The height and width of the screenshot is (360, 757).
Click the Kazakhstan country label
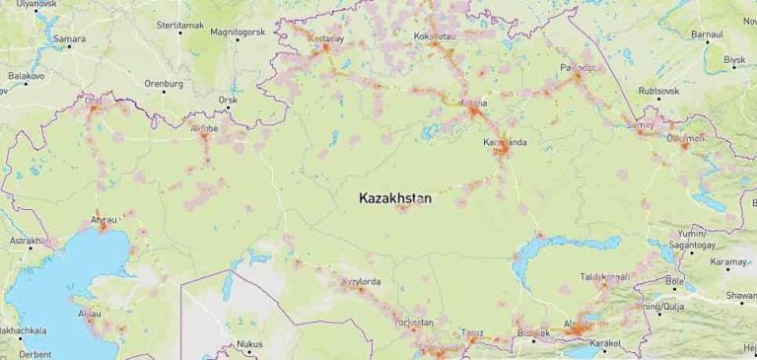[x=395, y=198]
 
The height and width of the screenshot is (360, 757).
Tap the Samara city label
[x=70, y=39]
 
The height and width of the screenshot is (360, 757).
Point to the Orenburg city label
[x=164, y=84]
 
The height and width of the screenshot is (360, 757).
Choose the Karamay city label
[x=729, y=261]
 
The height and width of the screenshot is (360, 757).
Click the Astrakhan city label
[x=29, y=240]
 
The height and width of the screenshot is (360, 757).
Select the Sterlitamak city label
[x=179, y=22]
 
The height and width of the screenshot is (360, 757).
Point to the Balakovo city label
[x=27, y=75]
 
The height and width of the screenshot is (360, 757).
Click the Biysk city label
[x=735, y=60]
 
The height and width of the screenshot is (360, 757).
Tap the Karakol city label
[x=606, y=344]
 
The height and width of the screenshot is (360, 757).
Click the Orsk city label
[x=229, y=100]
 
